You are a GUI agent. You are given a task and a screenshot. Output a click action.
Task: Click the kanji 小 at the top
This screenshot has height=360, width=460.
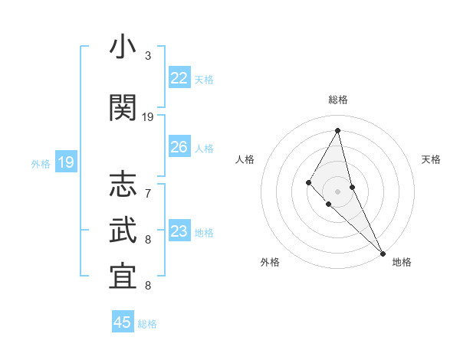(123, 47)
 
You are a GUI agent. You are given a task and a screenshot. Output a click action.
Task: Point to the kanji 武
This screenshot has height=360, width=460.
(123, 231)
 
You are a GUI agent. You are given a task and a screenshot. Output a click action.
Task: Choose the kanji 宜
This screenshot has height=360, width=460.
(123, 277)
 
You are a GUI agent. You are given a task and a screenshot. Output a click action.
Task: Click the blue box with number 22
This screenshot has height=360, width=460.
(179, 78)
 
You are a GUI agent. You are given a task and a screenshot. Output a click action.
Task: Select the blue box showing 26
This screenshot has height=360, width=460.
(179, 147)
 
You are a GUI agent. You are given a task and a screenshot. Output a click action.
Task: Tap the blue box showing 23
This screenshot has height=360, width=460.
(179, 231)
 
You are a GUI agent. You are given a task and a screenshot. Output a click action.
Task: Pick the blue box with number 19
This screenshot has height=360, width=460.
(65, 162)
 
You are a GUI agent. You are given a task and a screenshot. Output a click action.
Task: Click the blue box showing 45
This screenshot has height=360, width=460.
(123, 322)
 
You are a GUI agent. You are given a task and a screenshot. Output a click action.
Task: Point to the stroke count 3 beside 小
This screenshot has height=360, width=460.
(148, 56)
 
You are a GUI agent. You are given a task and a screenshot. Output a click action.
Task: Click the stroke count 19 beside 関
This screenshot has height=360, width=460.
(148, 117)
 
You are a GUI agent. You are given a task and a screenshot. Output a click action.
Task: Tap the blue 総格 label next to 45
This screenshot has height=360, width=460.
(147, 324)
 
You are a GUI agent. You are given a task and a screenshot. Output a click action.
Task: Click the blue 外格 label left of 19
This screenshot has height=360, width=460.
(40, 163)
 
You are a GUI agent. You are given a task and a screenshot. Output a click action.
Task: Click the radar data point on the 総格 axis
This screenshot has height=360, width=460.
(338, 130)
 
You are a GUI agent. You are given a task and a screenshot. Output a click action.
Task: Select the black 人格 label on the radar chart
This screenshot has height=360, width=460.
(245, 159)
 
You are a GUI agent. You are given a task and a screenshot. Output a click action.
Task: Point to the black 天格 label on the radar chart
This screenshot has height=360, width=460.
(432, 159)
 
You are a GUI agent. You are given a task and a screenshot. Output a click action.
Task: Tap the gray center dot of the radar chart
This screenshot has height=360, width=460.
(338, 191)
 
